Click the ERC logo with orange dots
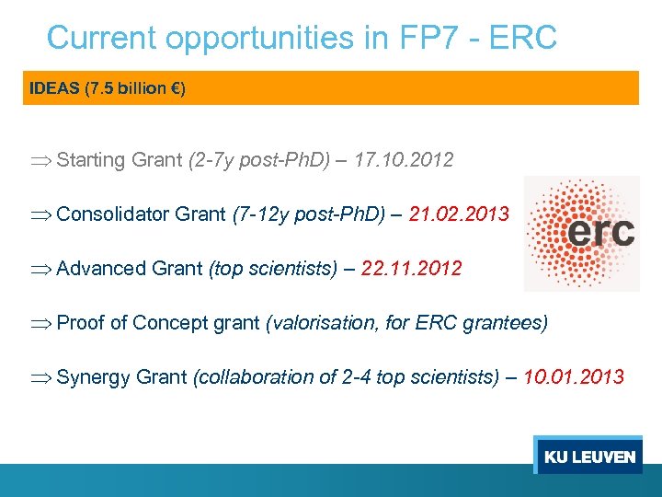point(581,234)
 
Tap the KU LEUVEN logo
point(588,457)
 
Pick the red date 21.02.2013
point(459,214)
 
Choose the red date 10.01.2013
point(574,377)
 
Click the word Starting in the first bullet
point(90,160)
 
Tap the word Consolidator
point(113,214)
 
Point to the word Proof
point(80,323)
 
